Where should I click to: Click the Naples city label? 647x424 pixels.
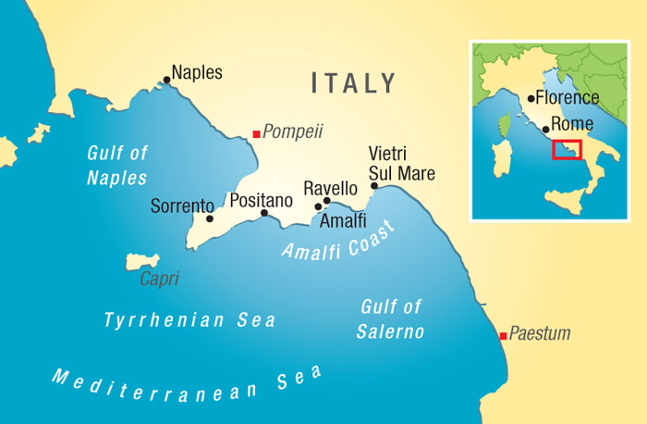(197, 72)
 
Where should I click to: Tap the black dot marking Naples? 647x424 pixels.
(166, 80)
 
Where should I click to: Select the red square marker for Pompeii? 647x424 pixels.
(257, 134)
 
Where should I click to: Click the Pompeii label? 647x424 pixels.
(293, 131)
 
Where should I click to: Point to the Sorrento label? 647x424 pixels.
(182, 206)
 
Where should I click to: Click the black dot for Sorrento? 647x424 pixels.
(210, 219)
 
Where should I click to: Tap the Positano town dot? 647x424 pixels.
(263, 213)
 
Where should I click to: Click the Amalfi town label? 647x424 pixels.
(343, 221)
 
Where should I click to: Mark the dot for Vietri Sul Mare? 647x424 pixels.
(373, 186)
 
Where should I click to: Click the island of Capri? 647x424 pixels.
(144, 263)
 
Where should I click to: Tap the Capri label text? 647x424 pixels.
(159, 279)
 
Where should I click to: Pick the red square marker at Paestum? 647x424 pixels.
(502, 335)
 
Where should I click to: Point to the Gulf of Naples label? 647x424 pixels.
(117, 165)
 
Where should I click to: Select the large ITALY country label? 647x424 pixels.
(354, 83)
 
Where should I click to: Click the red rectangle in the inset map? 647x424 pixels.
(567, 149)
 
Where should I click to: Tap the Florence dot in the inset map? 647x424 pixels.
(530, 98)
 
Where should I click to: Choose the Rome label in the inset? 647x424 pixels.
(569, 125)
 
